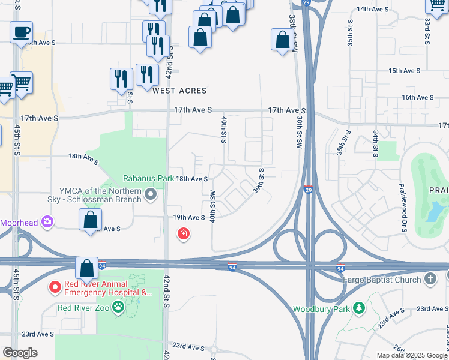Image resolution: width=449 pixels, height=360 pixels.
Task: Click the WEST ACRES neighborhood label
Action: (179, 91)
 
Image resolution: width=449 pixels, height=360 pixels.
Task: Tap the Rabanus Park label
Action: (149, 178)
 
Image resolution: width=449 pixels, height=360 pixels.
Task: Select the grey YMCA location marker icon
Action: (151, 193)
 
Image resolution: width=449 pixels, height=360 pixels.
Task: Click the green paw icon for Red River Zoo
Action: (119, 308)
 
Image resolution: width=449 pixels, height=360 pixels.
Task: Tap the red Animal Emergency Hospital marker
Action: (54, 288)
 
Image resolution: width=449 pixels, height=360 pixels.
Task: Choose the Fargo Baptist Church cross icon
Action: (430, 279)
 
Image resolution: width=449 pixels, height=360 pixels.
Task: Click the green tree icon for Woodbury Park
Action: (359, 308)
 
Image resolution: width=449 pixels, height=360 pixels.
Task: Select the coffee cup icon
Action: (22, 32)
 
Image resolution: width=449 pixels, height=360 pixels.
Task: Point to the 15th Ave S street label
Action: (404, 71)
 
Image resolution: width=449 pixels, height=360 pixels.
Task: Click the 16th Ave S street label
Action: (418, 97)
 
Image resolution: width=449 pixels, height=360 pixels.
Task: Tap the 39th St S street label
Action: (261, 180)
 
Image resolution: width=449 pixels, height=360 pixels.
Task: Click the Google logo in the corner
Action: (20, 353)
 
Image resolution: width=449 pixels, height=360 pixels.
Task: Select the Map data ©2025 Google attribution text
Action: (412, 355)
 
